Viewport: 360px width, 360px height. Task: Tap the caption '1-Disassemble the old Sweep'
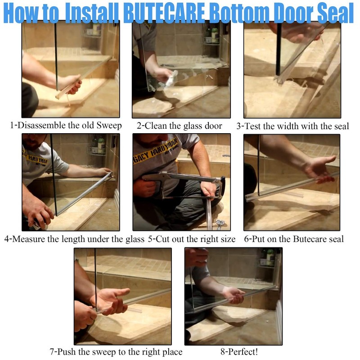click(x=66, y=126)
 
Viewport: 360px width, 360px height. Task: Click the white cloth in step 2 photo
click(x=170, y=81)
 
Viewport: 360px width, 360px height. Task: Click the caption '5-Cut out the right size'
click(x=192, y=239)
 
